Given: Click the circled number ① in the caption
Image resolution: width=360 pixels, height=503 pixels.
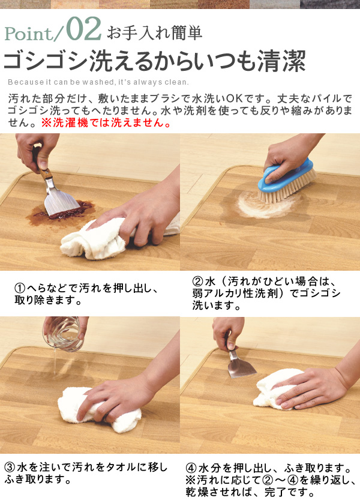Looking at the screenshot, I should click(x=19, y=289).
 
